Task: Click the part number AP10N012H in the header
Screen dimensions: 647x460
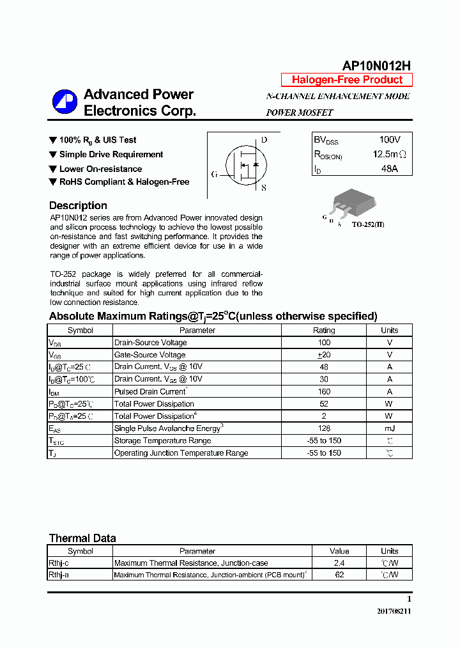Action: [376, 66]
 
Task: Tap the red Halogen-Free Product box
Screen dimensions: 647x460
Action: [347, 80]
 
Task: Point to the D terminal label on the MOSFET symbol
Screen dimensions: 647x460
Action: [264, 140]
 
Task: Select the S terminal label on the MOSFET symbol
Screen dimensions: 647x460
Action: [264, 188]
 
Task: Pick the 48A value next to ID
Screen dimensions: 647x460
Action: [389, 169]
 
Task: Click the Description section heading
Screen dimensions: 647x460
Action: [78, 206]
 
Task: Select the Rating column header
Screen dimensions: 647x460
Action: [323, 331]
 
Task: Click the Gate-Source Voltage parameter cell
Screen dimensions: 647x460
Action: [149, 355]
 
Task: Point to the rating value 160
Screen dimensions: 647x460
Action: [323, 391]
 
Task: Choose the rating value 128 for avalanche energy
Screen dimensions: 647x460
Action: [323, 428]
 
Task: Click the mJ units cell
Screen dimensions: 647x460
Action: [389, 428]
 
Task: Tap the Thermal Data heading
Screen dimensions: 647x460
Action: [82, 538]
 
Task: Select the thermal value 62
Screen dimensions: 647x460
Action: [339, 575]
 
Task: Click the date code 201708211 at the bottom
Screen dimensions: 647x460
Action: [394, 611]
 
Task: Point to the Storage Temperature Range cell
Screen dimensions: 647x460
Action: [162, 440]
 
